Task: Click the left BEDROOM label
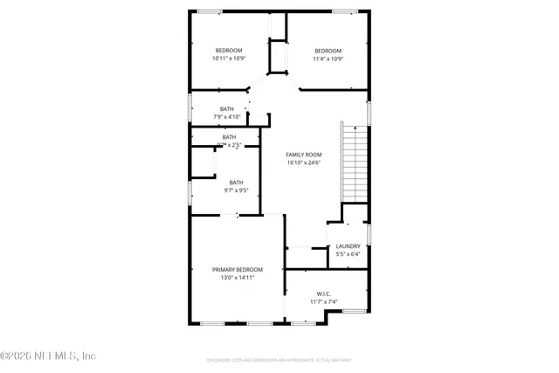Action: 229,51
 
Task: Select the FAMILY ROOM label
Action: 304,155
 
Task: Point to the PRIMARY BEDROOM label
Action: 237,270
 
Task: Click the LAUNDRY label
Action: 348,246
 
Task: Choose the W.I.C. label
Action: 323,294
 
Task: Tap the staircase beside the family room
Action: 353,163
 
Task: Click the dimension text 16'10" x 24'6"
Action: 304,163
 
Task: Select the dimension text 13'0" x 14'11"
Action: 237,279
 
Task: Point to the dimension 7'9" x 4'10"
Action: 226,116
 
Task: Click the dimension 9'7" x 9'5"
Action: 236,190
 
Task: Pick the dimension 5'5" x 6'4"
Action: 348,255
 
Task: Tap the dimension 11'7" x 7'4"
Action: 323,302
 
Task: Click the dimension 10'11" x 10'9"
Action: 229,59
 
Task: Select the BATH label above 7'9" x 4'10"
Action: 226,108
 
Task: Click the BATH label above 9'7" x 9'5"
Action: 236,182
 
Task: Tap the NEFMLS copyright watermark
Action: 48,356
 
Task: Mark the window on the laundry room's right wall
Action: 369,234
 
